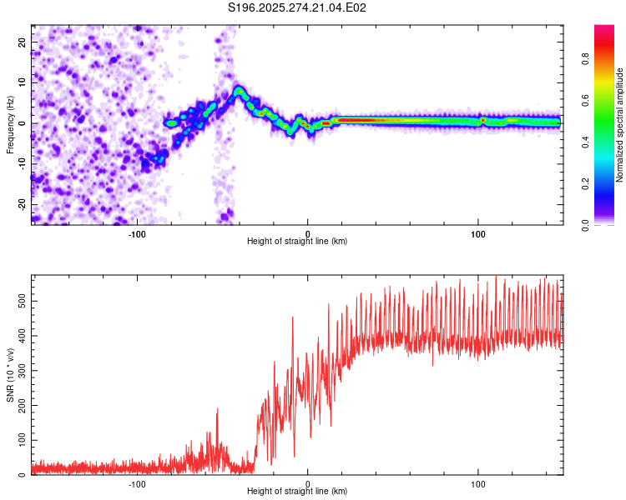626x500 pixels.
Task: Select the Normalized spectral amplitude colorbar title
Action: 620,125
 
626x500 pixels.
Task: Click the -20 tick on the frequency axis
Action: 21,204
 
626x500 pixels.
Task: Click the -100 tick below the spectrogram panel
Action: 137,232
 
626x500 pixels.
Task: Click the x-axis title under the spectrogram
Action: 297,242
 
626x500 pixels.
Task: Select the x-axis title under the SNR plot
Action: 297,492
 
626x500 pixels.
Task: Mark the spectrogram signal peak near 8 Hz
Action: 240,90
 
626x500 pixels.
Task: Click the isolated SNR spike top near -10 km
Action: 292,317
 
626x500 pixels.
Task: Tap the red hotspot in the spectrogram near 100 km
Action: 482,121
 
